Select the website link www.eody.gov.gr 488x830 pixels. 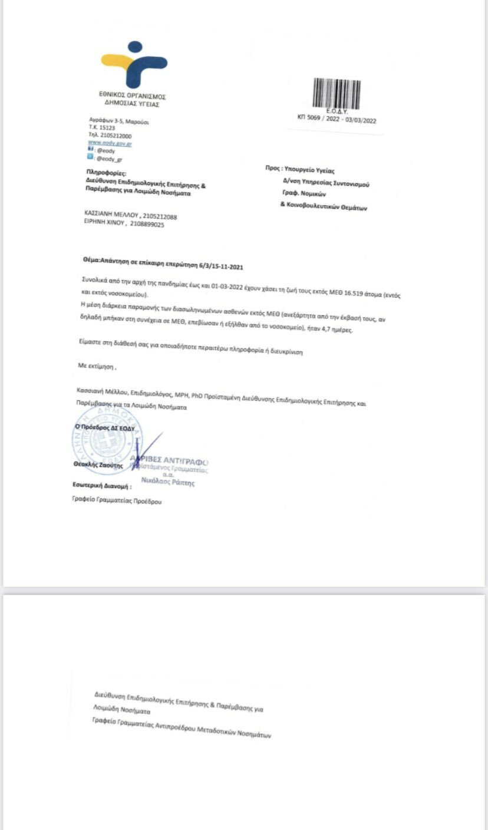click(109, 143)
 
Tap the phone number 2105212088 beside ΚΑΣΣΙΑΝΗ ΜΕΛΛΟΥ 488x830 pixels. click(160, 216)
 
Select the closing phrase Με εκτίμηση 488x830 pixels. click(97, 365)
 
